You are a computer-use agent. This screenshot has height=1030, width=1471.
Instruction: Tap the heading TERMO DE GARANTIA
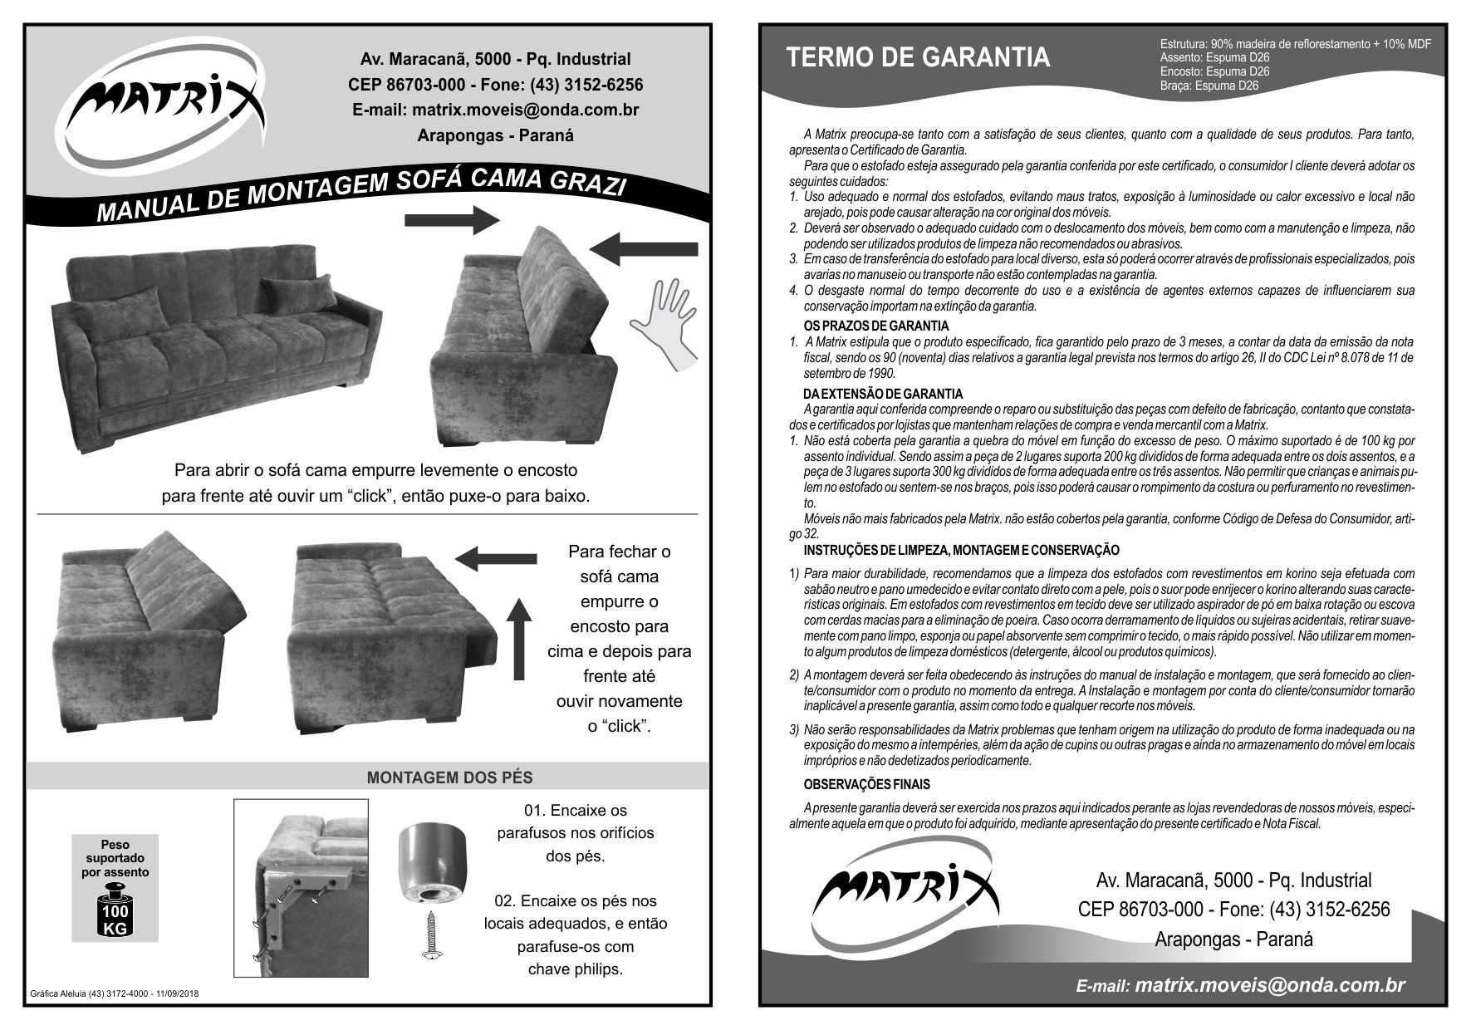pyautogui.click(x=918, y=57)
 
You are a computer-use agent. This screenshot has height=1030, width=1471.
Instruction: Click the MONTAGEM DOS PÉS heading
pyautogui.click(x=449, y=777)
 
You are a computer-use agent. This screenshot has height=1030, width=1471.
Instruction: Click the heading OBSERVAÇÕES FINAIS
pyautogui.click(x=866, y=784)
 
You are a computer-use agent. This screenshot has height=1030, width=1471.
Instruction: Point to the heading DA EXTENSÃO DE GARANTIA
pyautogui.click(x=883, y=394)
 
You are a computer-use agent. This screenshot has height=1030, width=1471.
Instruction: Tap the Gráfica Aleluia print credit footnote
pyautogui.click(x=114, y=993)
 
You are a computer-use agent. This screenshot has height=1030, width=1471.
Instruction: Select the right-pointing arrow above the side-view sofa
pyautogui.click(x=453, y=220)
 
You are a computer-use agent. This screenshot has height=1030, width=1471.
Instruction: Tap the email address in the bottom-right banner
pyautogui.click(x=1268, y=985)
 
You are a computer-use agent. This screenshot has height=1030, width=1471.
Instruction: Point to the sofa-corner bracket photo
pyautogui.click(x=301, y=887)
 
